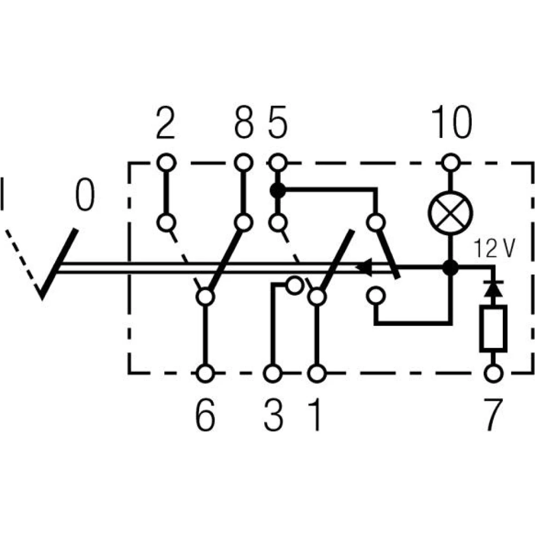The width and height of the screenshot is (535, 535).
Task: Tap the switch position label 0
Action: [84, 195]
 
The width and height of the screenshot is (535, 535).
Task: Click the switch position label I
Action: [4, 195]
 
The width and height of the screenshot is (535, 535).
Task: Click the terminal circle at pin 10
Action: [451, 160]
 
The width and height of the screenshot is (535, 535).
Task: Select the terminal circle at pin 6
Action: [205, 372]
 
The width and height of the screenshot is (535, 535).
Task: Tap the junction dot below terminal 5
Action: [277, 190]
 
